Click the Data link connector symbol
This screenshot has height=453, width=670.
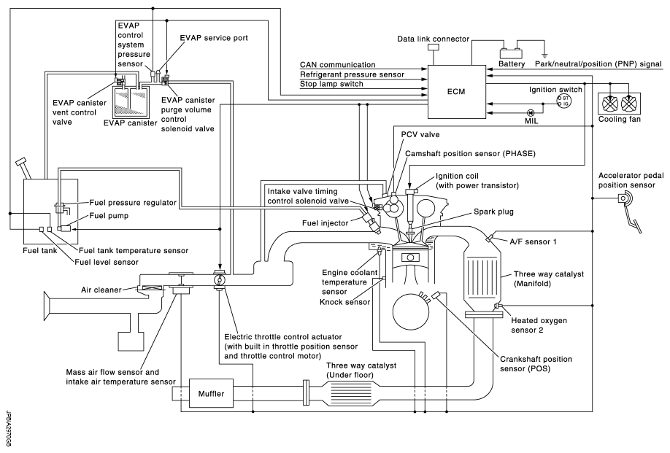pos(434,47)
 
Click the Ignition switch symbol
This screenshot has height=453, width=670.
pos(563,101)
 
